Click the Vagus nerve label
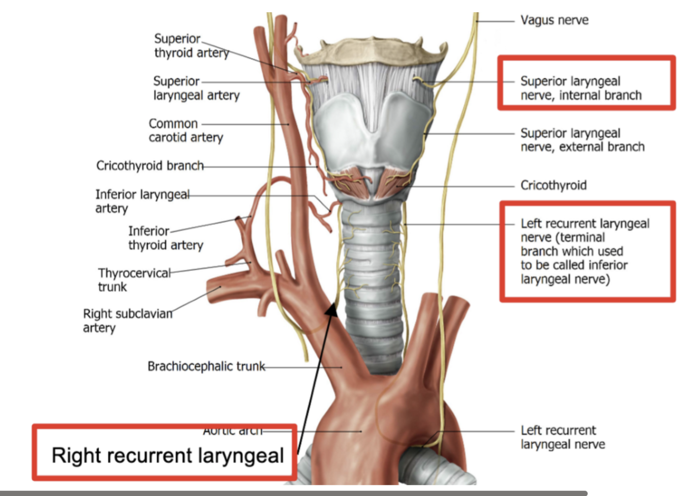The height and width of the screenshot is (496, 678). (x=554, y=20)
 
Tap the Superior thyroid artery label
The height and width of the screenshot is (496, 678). (x=191, y=46)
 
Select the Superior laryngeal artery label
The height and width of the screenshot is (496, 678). (x=196, y=88)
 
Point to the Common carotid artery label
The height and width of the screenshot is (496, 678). (x=186, y=130)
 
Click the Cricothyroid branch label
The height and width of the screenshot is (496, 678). (x=149, y=166)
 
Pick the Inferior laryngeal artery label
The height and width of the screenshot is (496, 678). (x=142, y=201)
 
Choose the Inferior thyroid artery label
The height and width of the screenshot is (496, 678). (x=165, y=238)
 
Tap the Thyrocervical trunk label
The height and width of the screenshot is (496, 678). (x=134, y=280)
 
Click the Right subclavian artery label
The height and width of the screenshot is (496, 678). (x=128, y=320)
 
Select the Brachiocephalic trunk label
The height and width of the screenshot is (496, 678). (x=206, y=366)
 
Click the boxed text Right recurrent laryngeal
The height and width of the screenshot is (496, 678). (x=167, y=455)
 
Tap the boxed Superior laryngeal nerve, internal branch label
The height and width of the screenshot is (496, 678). (x=580, y=88)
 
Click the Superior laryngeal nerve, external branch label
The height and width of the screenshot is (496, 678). (x=582, y=140)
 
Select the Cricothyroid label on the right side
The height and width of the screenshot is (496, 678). (x=553, y=185)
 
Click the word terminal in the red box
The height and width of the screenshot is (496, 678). (x=583, y=238)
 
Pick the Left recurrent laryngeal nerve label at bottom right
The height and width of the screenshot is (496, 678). (x=563, y=437)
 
